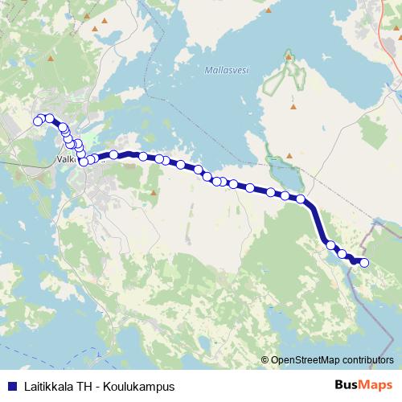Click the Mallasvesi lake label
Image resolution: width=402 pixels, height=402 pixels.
(x=227, y=70)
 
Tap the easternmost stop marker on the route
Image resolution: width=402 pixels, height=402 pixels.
(x=364, y=263)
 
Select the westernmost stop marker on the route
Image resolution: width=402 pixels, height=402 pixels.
(x=37, y=121)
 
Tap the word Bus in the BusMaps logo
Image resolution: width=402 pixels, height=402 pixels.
(x=347, y=386)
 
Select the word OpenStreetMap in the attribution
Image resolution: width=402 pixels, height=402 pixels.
(x=305, y=360)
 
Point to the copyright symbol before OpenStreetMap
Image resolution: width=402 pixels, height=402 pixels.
(x=265, y=360)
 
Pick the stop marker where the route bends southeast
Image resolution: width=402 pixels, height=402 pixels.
(x=301, y=199)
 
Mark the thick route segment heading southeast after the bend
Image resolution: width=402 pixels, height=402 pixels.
(x=316, y=221)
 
